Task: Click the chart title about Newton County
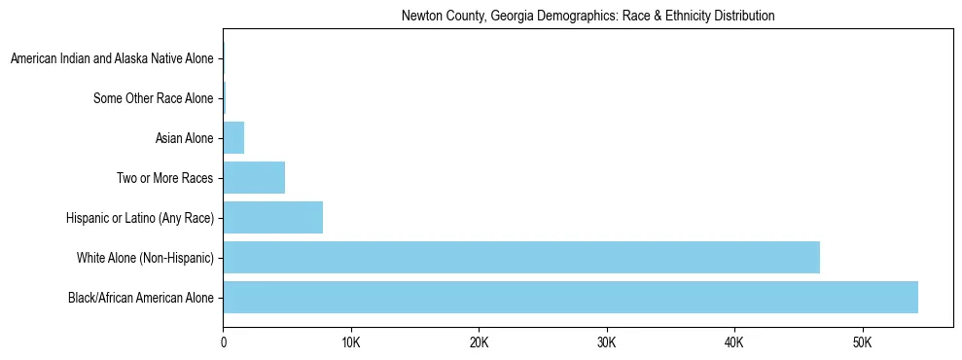coord(588,17)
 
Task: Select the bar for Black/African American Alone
coord(570,297)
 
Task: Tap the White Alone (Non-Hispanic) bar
coord(521,257)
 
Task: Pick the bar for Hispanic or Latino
coord(272,217)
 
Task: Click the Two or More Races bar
coord(254,178)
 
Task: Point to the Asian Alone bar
coord(233,138)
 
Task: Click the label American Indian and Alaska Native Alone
coord(112,59)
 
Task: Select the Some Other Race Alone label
coord(153,98)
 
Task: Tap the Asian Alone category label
coord(184,138)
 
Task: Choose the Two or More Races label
coord(164,178)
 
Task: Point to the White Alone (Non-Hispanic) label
coord(145,258)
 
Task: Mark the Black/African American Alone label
coord(141,297)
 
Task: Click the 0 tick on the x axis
coord(223,343)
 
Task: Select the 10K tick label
coord(351,343)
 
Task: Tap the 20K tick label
coord(479,343)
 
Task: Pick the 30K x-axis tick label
coord(606,343)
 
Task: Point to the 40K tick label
coord(734,343)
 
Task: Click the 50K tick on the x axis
coord(862,343)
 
